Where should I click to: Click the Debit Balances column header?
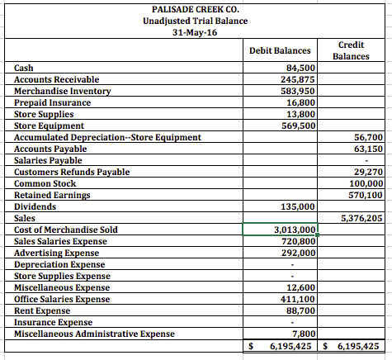coord(280,50)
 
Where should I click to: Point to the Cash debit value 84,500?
coord(300,67)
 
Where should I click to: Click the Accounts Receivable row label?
coord(50,78)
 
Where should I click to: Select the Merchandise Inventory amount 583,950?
coord(298,90)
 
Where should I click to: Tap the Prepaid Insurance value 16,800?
coord(300,102)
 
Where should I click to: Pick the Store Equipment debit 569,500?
coord(298,126)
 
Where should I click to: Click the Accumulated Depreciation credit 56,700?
coord(368,137)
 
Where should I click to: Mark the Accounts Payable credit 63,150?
coord(368,149)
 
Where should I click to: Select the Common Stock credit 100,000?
coord(366,183)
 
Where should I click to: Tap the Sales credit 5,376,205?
coord(361,218)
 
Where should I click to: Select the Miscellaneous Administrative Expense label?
coord(95,334)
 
